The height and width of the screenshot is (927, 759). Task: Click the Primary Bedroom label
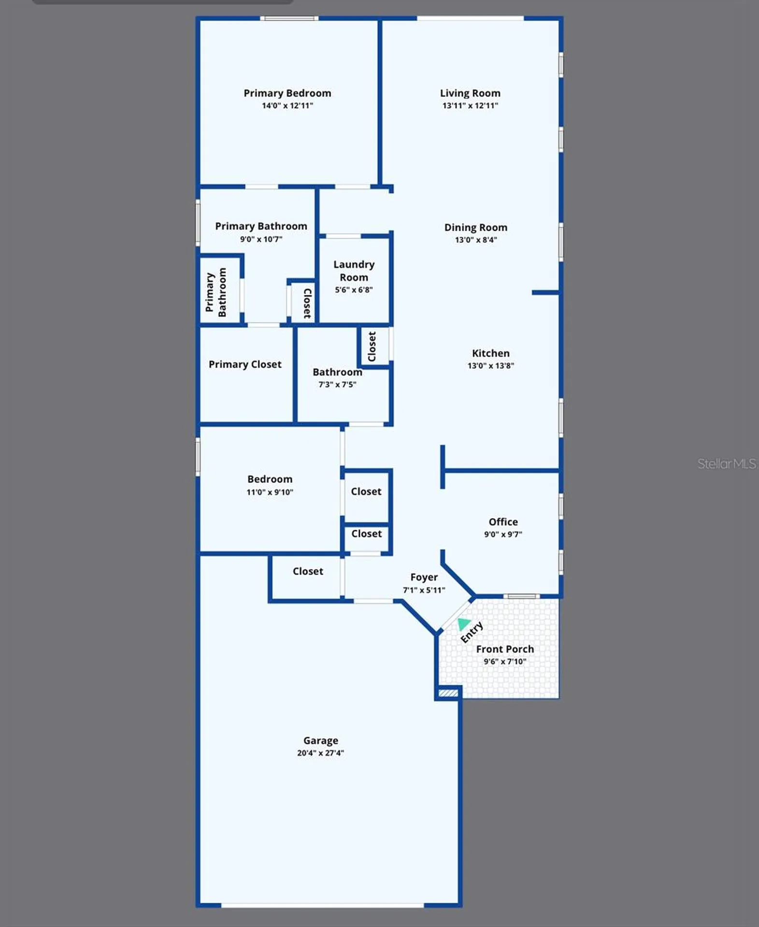point(287,93)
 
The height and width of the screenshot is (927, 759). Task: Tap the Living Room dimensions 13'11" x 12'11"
point(470,106)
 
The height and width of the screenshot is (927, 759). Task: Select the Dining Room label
point(476,227)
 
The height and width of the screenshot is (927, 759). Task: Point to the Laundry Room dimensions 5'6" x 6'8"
point(354,290)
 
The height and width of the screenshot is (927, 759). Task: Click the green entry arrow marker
point(463,624)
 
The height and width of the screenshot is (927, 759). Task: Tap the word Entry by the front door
point(472,632)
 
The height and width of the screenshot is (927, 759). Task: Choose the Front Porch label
point(505,649)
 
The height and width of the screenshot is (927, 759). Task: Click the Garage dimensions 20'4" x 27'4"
point(320,753)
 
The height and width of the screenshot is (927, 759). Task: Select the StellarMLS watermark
point(726,464)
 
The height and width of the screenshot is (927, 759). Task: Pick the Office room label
point(503,522)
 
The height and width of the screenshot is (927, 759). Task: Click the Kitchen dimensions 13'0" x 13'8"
point(490,366)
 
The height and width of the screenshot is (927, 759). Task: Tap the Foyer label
point(424,577)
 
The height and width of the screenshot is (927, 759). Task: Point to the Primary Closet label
point(245,365)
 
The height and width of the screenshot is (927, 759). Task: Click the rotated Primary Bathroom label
point(215,292)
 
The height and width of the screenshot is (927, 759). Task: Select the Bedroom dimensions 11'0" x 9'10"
point(270,492)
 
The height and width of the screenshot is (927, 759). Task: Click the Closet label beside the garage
point(308,571)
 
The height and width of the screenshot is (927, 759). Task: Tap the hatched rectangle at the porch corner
point(448,693)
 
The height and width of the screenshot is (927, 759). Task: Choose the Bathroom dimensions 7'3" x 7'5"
point(337,385)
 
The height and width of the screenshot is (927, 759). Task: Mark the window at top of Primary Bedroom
point(289,18)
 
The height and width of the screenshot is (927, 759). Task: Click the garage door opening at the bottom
point(322,905)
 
